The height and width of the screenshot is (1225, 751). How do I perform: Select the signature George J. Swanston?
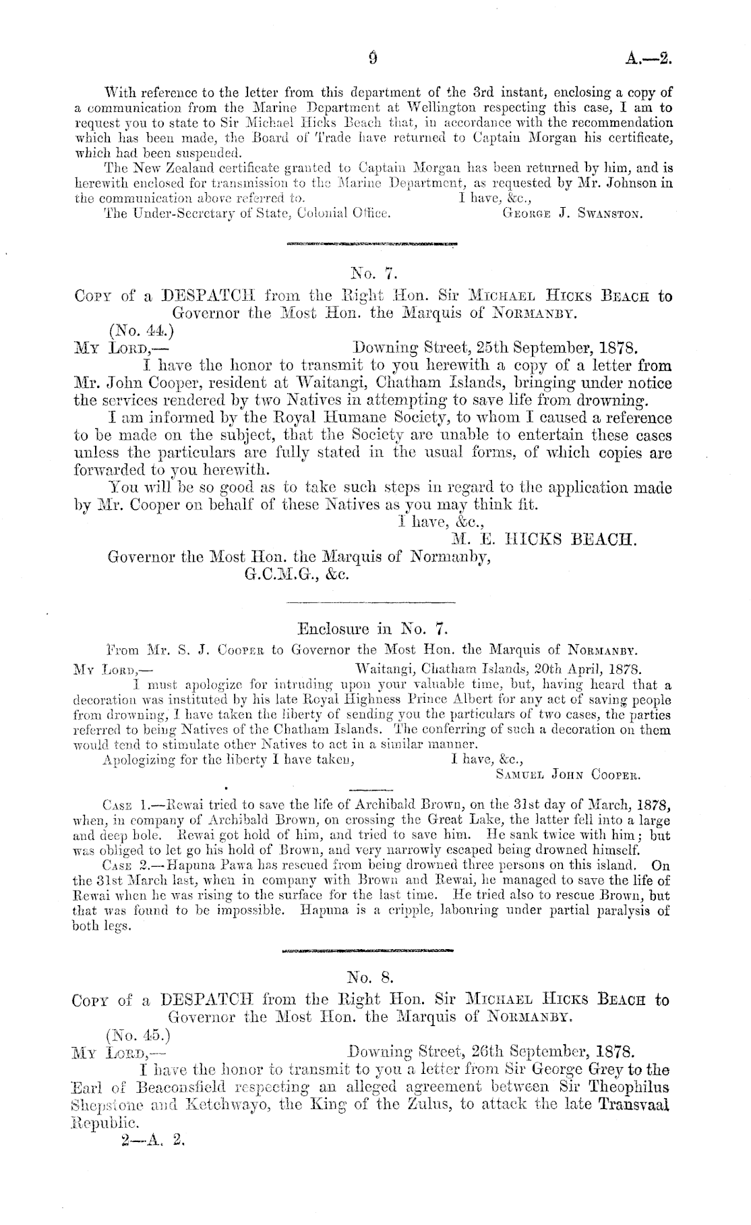pyautogui.click(x=572, y=215)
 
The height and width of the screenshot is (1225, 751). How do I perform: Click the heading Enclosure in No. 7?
pyautogui.click(x=372, y=630)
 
